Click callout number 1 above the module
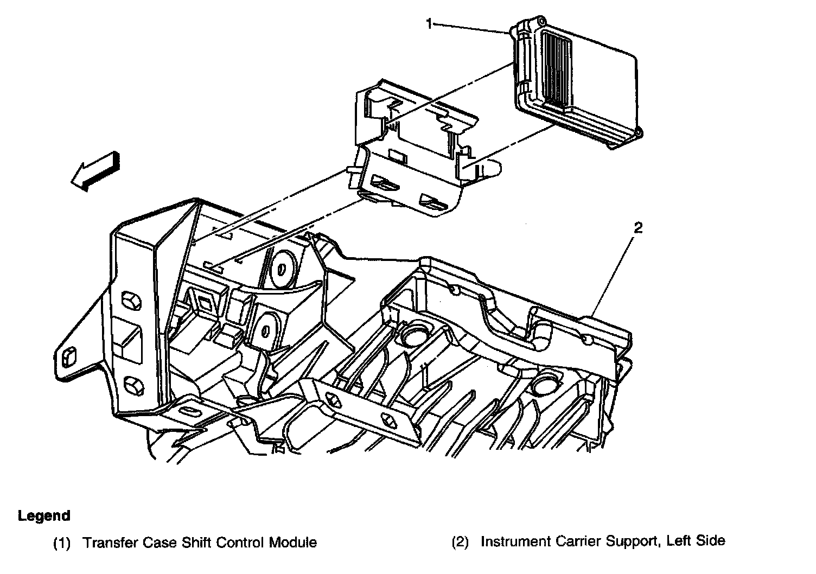pyautogui.click(x=429, y=24)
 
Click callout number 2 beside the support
pyautogui.click(x=638, y=228)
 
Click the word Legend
pyautogui.click(x=44, y=515)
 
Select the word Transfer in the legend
pyautogui.click(x=108, y=542)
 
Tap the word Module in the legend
pyautogui.click(x=295, y=542)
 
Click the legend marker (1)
pyautogui.click(x=62, y=543)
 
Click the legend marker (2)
pyautogui.click(x=460, y=541)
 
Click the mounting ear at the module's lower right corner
pyautogui.click(x=638, y=132)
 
